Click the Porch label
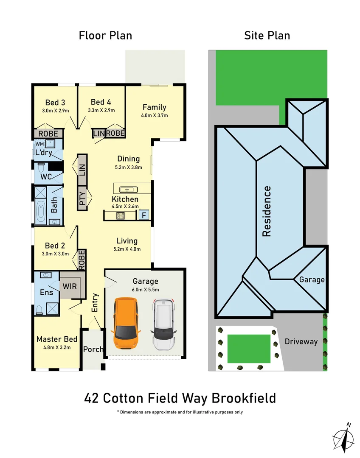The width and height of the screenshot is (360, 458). click(x=93, y=349)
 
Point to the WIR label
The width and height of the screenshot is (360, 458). click(x=70, y=286)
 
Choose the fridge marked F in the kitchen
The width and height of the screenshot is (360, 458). click(x=143, y=215)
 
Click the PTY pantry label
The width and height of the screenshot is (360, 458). click(x=82, y=198)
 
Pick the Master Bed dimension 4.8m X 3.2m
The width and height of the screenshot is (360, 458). click(x=57, y=347)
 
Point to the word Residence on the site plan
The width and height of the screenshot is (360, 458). click(x=267, y=211)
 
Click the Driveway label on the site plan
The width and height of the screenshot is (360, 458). click(x=301, y=341)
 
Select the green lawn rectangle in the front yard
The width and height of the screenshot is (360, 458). click(x=249, y=349)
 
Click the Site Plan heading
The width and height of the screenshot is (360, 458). click(x=267, y=36)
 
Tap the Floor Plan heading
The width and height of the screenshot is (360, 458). click(x=105, y=36)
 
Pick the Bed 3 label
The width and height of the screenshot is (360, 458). click(x=55, y=102)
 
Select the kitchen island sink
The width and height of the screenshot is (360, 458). click(x=127, y=189)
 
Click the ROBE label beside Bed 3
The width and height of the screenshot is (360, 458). click(x=48, y=134)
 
